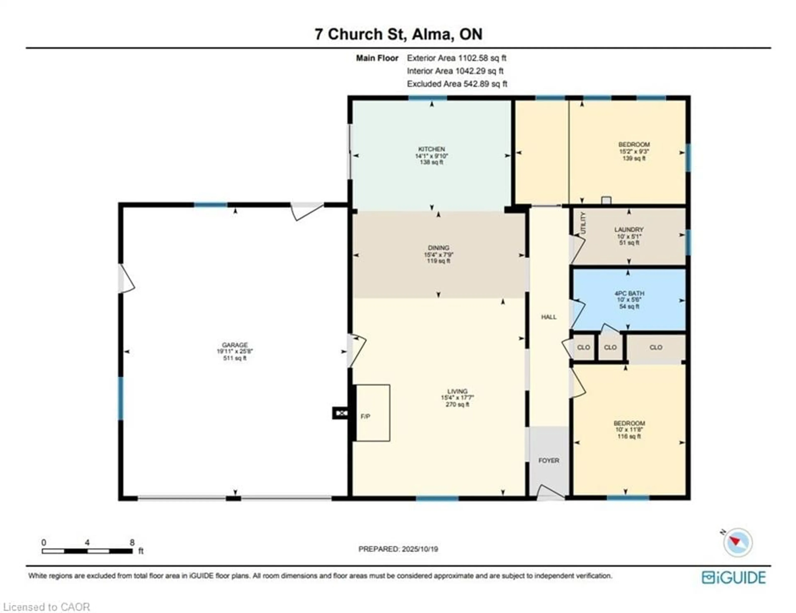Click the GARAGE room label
(x=235, y=345)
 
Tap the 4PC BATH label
(x=629, y=293)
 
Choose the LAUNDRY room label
(x=629, y=230)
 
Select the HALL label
(x=548, y=317)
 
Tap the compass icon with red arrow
(x=738, y=543)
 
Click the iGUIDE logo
(x=733, y=578)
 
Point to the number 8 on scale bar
(x=132, y=542)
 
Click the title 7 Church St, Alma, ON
(x=398, y=34)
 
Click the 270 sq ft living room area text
(x=457, y=405)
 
